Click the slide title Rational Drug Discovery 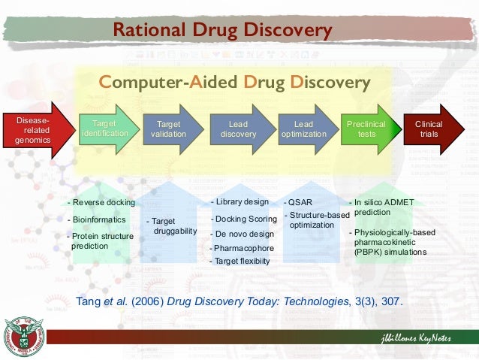(222, 30)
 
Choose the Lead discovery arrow (238, 129)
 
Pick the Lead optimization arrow (304, 129)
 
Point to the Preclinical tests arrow (367, 129)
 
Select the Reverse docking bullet (101, 202)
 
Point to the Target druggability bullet (171, 226)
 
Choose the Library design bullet (239, 201)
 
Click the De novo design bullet (242, 233)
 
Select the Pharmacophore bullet (242, 247)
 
